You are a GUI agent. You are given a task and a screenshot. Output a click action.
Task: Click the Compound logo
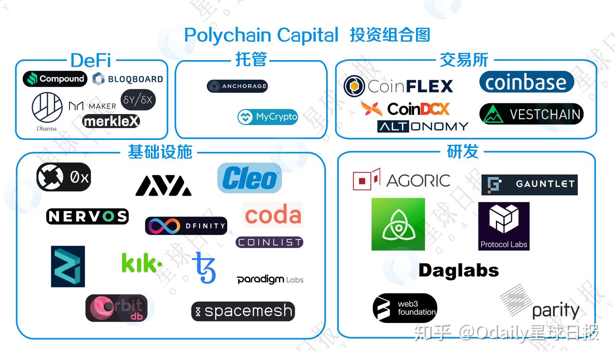click(55, 79)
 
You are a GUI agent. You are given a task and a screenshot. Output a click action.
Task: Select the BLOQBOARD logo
click(128, 79)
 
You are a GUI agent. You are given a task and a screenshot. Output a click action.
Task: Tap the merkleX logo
click(111, 122)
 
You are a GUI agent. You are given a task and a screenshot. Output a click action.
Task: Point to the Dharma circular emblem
click(47, 108)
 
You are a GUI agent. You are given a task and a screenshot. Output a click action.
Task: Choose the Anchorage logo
click(237, 86)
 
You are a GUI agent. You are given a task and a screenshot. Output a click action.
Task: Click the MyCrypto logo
click(268, 117)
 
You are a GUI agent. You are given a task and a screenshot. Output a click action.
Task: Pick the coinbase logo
click(526, 82)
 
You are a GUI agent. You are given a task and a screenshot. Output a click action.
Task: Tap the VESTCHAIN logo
click(531, 114)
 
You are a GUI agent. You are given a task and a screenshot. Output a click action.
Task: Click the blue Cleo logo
click(249, 178)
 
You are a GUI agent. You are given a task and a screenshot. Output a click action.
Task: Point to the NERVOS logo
click(87, 216)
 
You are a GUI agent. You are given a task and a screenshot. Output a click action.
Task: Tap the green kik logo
click(141, 263)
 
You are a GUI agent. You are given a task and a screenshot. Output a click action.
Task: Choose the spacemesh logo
click(243, 311)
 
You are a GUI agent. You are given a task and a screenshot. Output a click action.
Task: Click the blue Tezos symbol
click(205, 268)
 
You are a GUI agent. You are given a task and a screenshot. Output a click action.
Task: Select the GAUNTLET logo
click(529, 184)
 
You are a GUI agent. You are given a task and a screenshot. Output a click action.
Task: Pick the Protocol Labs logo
click(504, 226)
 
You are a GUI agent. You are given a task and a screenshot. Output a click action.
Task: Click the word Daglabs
click(459, 270)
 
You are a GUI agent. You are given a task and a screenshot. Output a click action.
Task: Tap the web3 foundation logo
click(405, 308)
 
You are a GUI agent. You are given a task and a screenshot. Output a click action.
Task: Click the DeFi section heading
click(91, 60)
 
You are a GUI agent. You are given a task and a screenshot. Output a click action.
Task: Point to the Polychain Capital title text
click(261, 35)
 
